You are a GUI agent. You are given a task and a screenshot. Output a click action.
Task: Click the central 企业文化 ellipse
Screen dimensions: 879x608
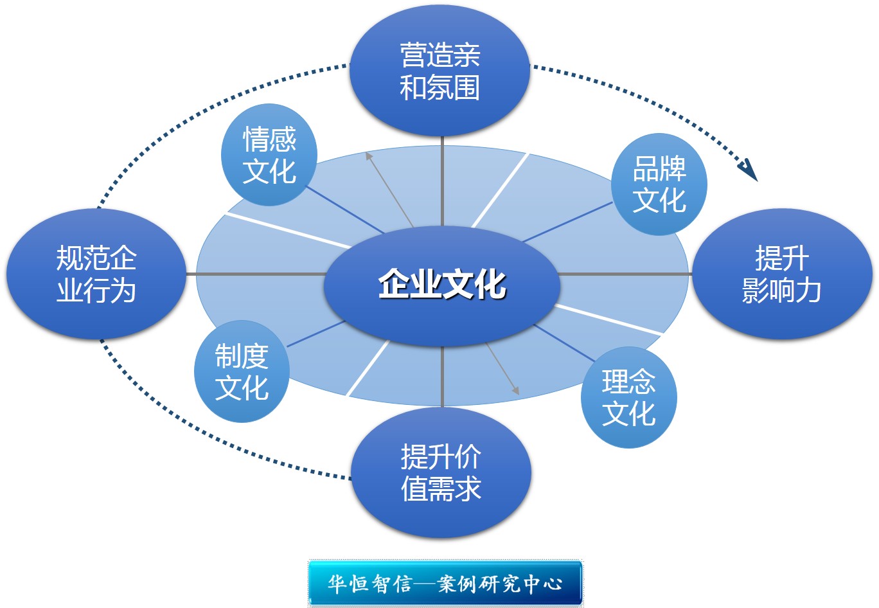pyautogui.click(x=441, y=286)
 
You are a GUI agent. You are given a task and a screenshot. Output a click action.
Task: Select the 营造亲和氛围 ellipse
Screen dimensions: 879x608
pyautogui.click(x=440, y=71)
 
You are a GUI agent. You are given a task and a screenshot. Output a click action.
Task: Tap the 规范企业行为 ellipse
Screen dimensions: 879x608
pyautogui.click(x=96, y=274)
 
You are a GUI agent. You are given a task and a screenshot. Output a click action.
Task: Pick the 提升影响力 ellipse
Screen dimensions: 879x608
pyautogui.click(x=782, y=274)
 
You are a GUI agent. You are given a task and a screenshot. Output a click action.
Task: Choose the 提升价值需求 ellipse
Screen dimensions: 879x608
pyautogui.click(x=441, y=472)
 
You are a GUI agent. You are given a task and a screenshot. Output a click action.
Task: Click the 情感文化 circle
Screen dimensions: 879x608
pyautogui.click(x=269, y=155)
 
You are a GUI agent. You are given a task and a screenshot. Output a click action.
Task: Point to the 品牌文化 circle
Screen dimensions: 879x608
pyautogui.click(x=659, y=184)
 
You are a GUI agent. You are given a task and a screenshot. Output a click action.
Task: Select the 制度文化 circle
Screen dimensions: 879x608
pyautogui.click(x=242, y=371)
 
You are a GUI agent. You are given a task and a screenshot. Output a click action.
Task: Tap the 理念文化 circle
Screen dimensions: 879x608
pyautogui.click(x=628, y=397)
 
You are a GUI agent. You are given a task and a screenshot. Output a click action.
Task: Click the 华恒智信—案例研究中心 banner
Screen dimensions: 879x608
pyautogui.click(x=445, y=584)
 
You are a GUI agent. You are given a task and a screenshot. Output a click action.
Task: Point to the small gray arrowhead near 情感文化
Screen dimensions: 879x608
pyautogui.click(x=368, y=156)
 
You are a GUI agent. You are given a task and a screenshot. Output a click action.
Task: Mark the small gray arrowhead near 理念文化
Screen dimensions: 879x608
pyautogui.click(x=515, y=391)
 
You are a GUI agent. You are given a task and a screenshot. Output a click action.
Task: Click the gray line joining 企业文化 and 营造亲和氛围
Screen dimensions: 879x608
pyautogui.click(x=442, y=181)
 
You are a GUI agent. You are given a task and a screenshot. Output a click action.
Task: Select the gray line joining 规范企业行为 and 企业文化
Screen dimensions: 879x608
pyautogui.click(x=256, y=274)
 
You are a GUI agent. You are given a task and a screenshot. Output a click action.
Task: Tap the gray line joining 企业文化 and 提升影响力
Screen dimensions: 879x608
pyautogui.click(x=625, y=274)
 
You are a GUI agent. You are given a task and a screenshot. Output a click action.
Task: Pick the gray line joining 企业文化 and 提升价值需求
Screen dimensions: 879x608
pyautogui.click(x=442, y=377)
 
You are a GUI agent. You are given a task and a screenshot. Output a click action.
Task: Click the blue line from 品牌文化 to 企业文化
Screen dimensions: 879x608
pyautogui.click(x=567, y=222)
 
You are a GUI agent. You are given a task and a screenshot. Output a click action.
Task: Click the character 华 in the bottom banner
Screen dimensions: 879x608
pyautogui.click(x=337, y=584)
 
